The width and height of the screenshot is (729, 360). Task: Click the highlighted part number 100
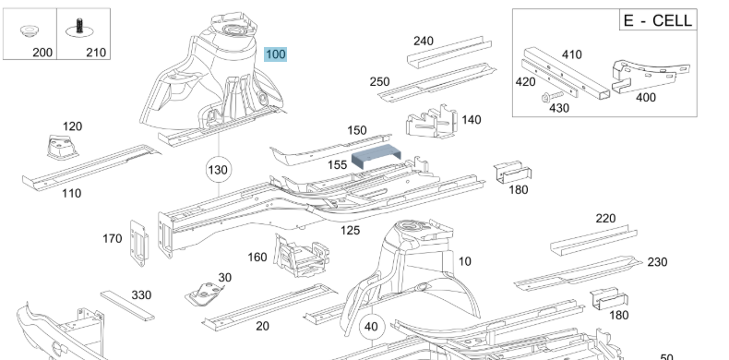click(x=275, y=54)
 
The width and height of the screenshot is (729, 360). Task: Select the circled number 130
click(x=218, y=170)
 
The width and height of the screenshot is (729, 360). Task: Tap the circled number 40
click(x=371, y=327)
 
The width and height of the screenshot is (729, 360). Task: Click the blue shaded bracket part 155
click(x=376, y=156)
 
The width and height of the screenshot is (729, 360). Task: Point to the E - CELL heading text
click(x=658, y=20)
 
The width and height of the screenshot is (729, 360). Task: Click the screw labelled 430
click(x=552, y=97)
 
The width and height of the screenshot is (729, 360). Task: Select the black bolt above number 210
click(x=79, y=28)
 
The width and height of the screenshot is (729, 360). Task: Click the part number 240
click(x=423, y=41)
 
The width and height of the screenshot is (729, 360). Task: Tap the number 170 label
click(x=112, y=238)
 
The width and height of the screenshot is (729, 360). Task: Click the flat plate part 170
click(x=139, y=244)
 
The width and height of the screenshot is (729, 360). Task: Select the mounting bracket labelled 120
click(x=62, y=147)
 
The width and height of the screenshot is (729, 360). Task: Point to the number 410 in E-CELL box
click(x=571, y=54)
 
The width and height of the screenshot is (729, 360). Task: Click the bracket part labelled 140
click(x=432, y=122)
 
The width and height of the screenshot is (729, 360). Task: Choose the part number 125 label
click(x=350, y=230)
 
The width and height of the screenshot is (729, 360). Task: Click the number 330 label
click(x=141, y=294)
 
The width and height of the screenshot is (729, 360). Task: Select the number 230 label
click(x=657, y=262)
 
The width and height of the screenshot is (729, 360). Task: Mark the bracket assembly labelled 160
click(x=302, y=256)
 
